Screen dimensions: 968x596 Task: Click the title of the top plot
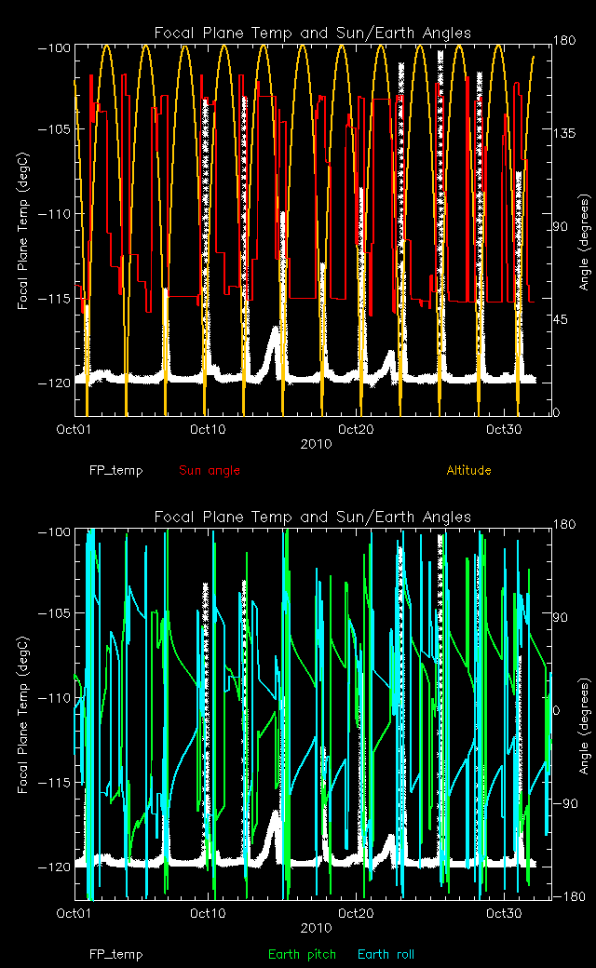pyautogui.click(x=312, y=34)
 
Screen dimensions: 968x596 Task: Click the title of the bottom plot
pyautogui.click(x=312, y=517)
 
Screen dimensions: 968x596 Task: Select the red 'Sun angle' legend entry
pyautogui.click(x=210, y=470)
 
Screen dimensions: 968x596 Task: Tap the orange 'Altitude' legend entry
pyautogui.click(x=468, y=470)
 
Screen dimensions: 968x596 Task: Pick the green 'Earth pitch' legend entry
pyautogui.click(x=302, y=954)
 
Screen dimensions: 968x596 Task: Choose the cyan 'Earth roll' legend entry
pyautogui.click(x=386, y=954)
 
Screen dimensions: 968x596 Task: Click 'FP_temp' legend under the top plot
pyautogui.click(x=116, y=470)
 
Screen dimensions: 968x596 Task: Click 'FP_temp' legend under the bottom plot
pyautogui.click(x=116, y=954)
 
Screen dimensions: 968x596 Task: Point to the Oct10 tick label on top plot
pyautogui.click(x=207, y=429)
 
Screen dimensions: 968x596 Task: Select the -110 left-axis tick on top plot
pyautogui.click(x=57, y=214)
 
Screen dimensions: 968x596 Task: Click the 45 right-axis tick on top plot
pyautogui.click(x=560, y=320)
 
